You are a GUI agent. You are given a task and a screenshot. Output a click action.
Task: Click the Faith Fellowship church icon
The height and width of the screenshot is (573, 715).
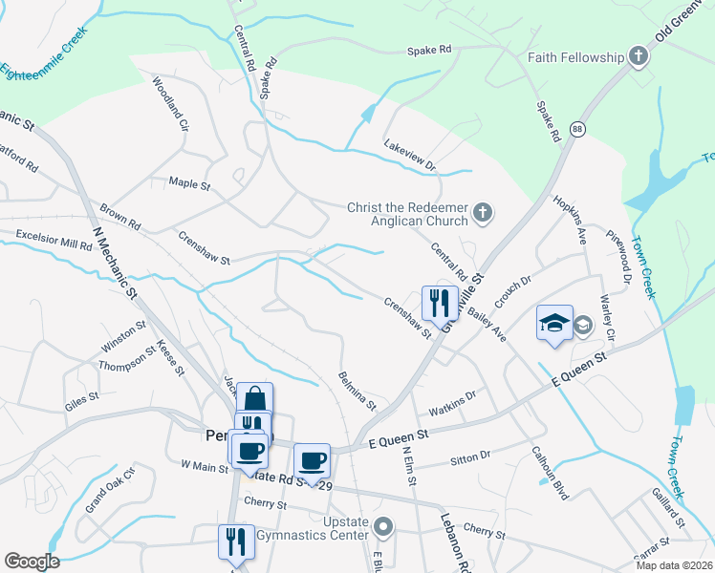pos(639,57)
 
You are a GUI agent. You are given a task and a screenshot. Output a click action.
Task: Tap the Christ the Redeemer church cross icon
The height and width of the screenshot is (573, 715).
pos(484,212)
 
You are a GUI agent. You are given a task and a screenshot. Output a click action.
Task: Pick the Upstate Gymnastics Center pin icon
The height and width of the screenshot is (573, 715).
pos(383,525)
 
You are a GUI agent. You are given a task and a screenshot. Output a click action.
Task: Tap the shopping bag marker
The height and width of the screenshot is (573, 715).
pos(255,399)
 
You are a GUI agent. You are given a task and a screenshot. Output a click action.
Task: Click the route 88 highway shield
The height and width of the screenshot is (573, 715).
pos(576,128)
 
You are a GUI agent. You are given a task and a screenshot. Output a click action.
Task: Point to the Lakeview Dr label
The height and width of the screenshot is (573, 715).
pos(409,154)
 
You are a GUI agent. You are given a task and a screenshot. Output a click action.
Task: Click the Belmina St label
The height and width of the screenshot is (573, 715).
pos(357,392)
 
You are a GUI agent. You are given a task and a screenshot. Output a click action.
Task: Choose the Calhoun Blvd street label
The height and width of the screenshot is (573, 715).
pos(551,475)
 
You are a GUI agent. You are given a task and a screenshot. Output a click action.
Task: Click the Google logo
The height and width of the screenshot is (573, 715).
pos(32,562)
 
